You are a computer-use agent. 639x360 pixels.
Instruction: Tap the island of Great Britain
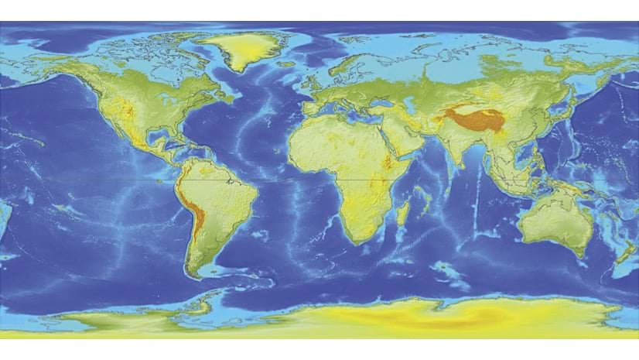click(x=315, y=85)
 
